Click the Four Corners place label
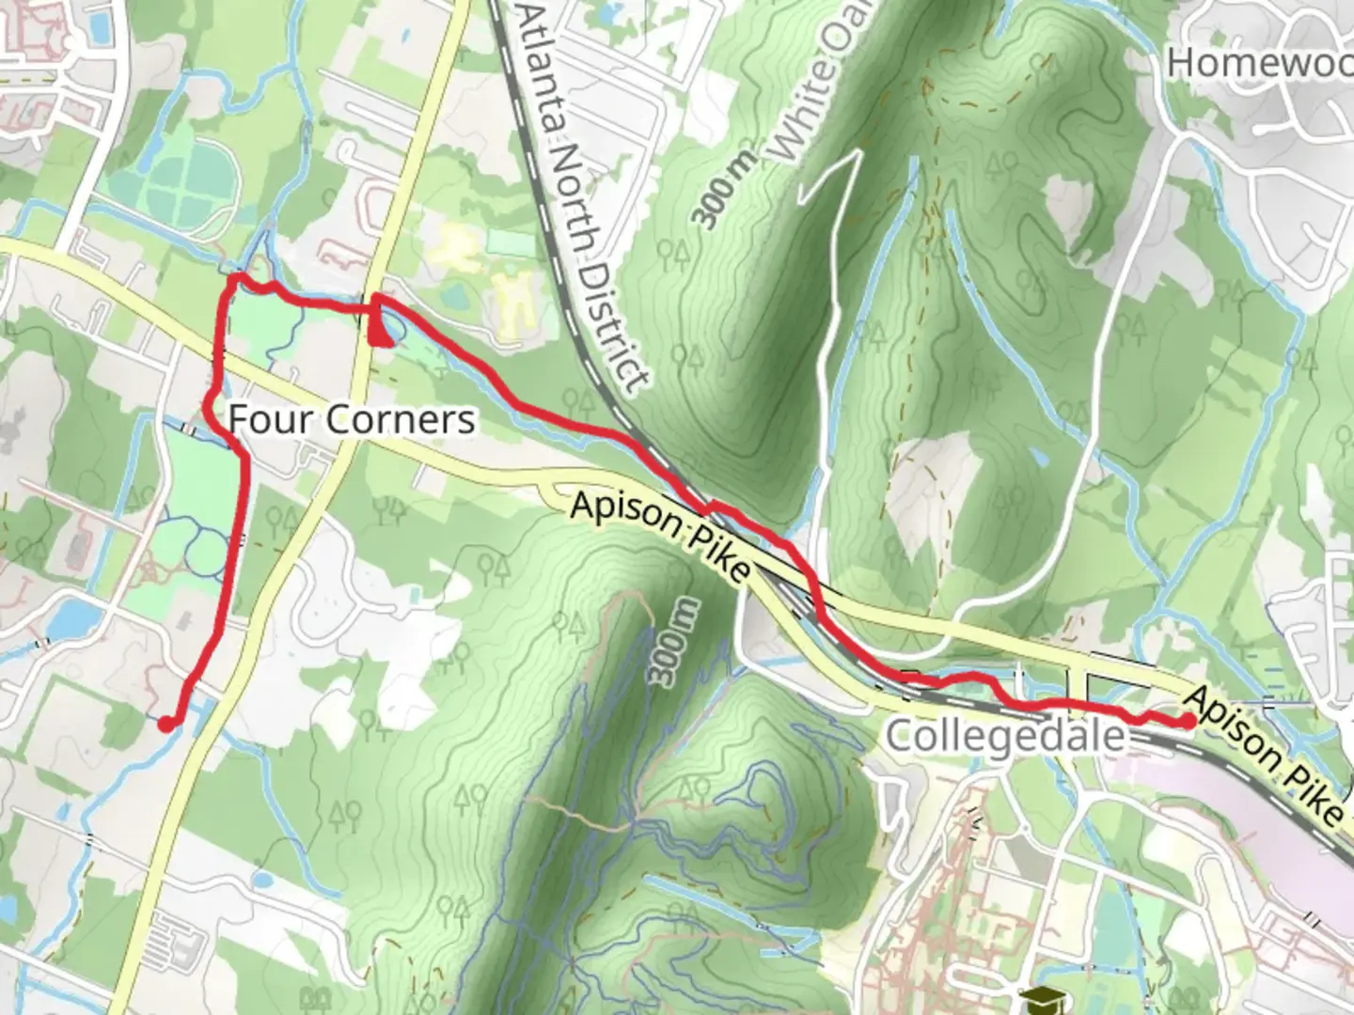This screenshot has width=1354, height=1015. click(352, 419)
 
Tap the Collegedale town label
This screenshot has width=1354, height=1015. click(1005, 735)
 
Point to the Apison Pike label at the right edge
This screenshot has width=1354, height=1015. click(1266, 755)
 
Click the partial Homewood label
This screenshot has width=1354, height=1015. click(1259, 63)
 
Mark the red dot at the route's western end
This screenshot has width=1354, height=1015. click(165, 724)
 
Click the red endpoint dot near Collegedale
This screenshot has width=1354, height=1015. click(1189, 721)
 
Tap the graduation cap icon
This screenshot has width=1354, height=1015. click(1034, 1000)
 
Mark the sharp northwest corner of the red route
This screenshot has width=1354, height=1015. click(232, 278)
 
